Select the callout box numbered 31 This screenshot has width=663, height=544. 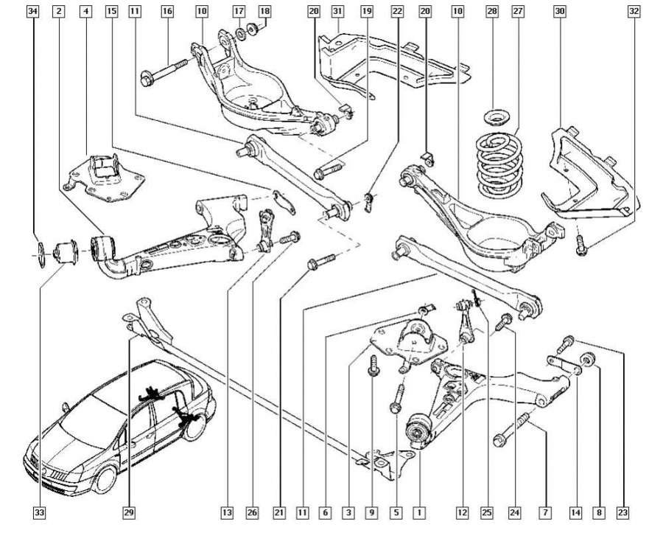tap(337, 11)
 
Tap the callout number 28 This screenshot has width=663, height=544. tap(492, 11)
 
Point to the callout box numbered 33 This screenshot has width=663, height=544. tap(39, 511)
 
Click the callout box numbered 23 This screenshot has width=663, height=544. tap(623, 511)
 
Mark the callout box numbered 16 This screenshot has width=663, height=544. tap(167, 11)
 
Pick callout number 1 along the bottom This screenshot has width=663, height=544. tap(419, 511)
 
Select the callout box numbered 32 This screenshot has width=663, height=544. tap(634, 11)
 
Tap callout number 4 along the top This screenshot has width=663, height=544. tap(86, 11)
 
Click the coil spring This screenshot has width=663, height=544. tap(497, 162)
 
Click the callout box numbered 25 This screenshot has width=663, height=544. tap(485, 511)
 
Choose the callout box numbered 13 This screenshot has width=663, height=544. tap(227, 511)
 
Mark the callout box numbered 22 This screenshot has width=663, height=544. tap(397, 11)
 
